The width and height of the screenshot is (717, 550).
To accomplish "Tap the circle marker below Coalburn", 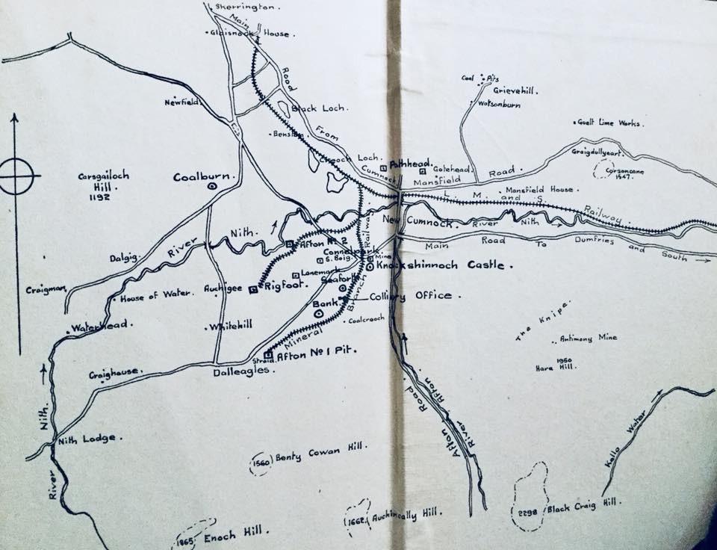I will tap(212, 188).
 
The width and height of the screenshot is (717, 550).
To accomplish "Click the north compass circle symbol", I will tap(17, 177).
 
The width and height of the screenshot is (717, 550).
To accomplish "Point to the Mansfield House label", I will tap(539, 190).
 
